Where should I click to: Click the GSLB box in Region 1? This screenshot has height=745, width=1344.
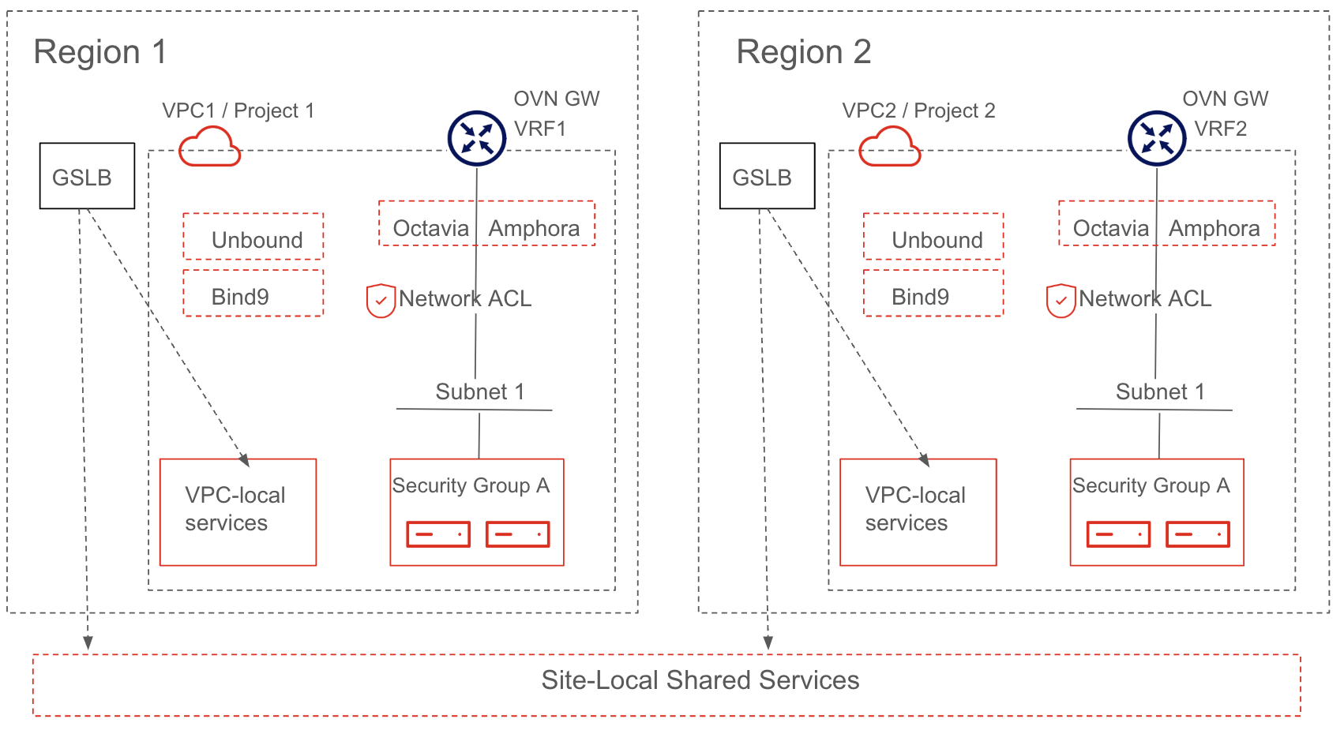coord(87,176)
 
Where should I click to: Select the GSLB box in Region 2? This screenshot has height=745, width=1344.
coord(767,176)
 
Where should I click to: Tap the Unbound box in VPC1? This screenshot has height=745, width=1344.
coord(253,237)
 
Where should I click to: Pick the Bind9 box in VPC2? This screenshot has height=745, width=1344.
coord(933,294)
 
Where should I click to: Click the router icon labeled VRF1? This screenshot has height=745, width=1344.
coord(477,138)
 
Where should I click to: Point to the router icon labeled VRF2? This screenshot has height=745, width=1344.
coord(1157,138)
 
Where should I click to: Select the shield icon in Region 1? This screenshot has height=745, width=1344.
coord(381,301)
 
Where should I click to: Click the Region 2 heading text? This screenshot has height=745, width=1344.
coord(803,52)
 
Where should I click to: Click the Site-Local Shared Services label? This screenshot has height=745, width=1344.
coord(700,680)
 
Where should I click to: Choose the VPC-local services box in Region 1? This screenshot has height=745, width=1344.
coord(238,512)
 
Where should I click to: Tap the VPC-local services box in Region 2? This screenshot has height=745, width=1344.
coord(918,512)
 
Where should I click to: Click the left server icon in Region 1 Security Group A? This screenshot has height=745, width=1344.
coord(438,534)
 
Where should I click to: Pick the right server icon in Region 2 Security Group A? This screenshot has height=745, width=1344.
coord(1198,534)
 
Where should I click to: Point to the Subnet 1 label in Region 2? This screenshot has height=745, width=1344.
coord(1160,391)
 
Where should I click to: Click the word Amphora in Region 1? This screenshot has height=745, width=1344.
coord(534,229)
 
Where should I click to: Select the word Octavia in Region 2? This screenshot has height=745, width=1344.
coord(1110,229)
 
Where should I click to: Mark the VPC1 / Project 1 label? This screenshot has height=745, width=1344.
coord(238,110)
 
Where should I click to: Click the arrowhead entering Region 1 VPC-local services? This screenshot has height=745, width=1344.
coord(245,461)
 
